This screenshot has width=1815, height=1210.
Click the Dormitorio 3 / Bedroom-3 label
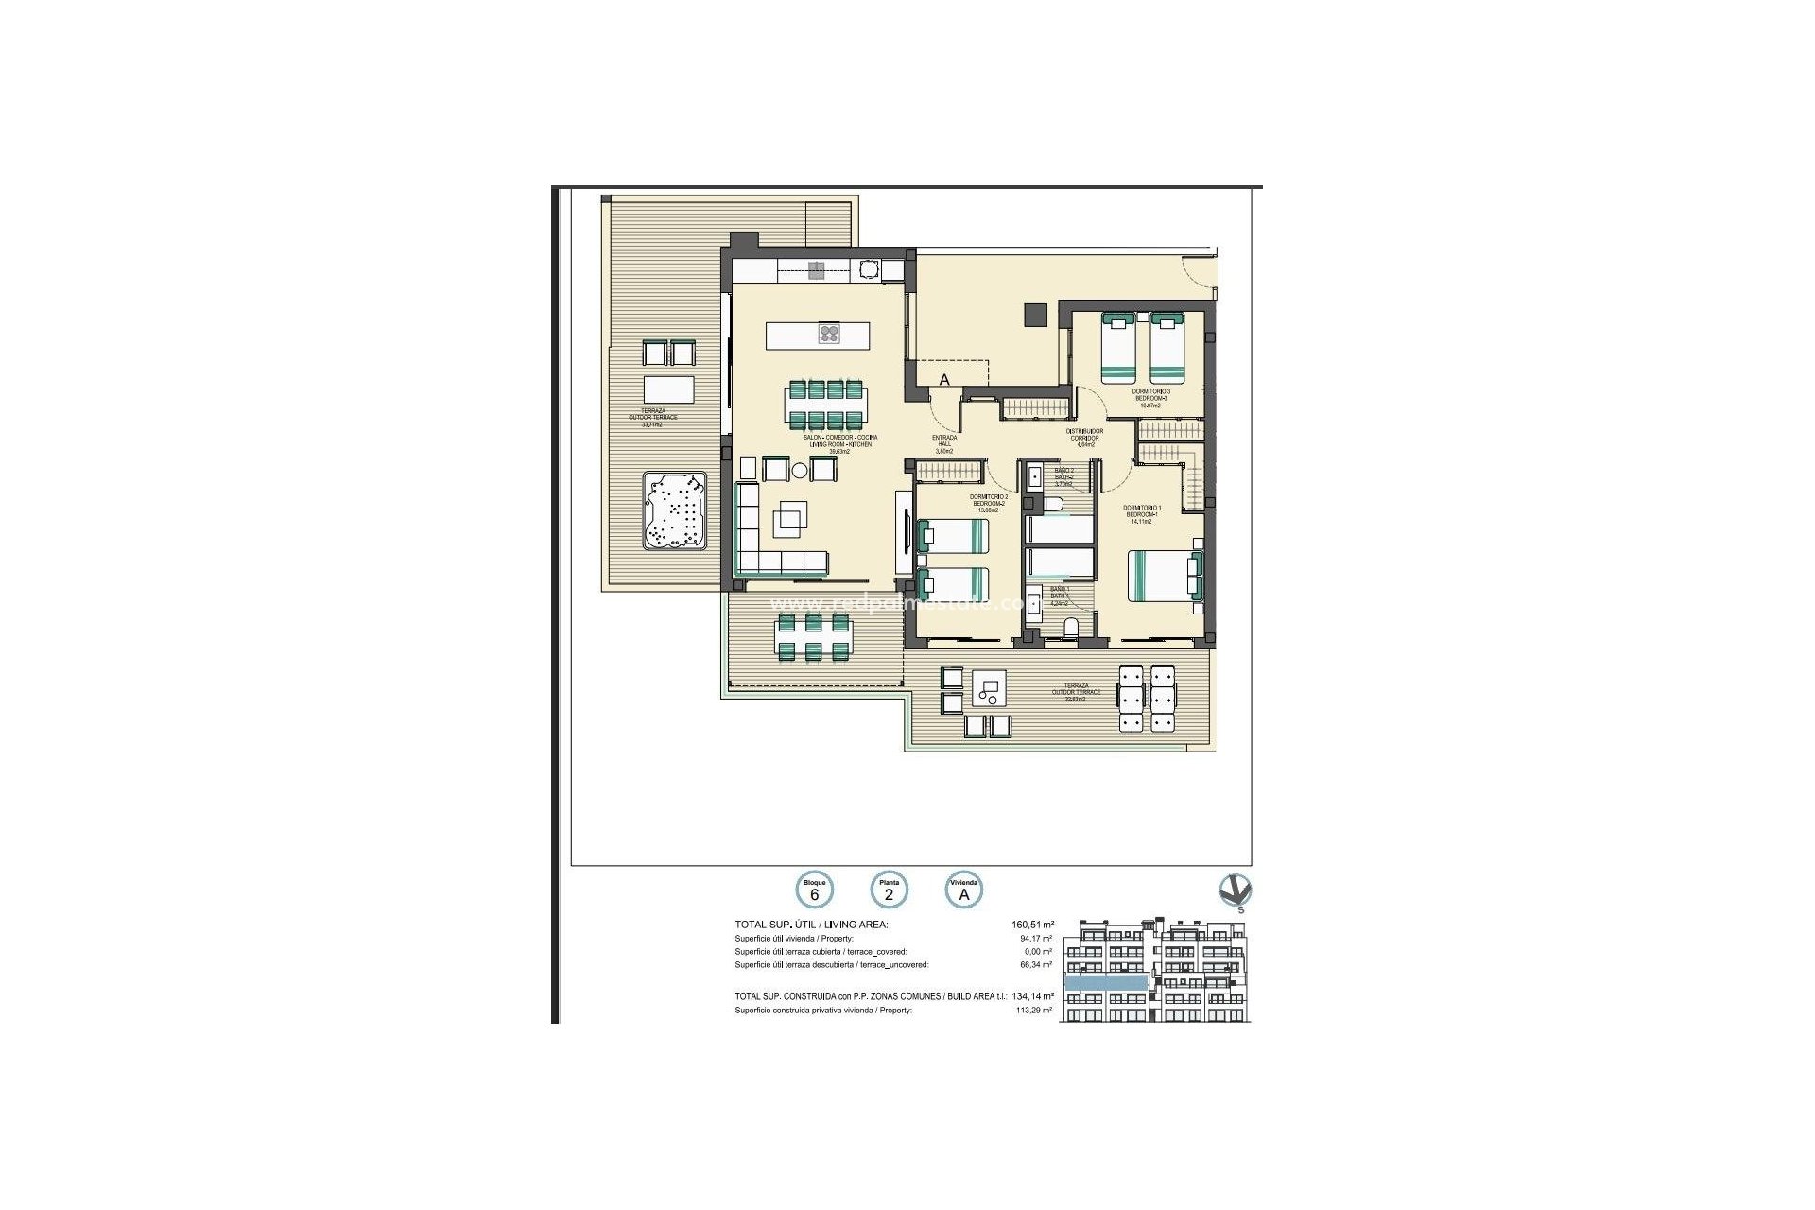(1150, 398)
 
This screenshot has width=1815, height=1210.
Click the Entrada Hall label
(944, 443)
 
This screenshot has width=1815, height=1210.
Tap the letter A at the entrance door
(943, 380)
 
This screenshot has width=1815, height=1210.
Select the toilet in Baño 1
(1071, 627)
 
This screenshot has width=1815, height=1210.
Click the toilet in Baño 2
(1057, 503)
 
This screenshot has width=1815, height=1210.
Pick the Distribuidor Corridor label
(1085, 437)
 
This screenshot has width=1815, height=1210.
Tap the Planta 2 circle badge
(889, 890)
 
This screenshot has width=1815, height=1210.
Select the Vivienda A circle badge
(965, 890)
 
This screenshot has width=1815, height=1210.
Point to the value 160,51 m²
(1031, 925)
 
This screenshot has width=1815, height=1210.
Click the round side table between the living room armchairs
(800, 470)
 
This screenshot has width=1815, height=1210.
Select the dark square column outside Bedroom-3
(1037, 313)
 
